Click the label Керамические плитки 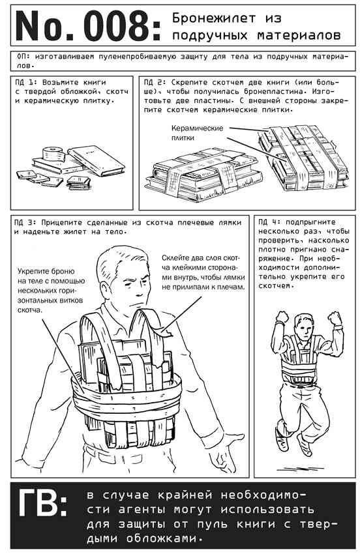pos(197,132)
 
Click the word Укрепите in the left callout pos(32,272)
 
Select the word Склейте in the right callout pos(174,258)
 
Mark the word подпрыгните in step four pos(310,222)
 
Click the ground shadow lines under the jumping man pos(301,468)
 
